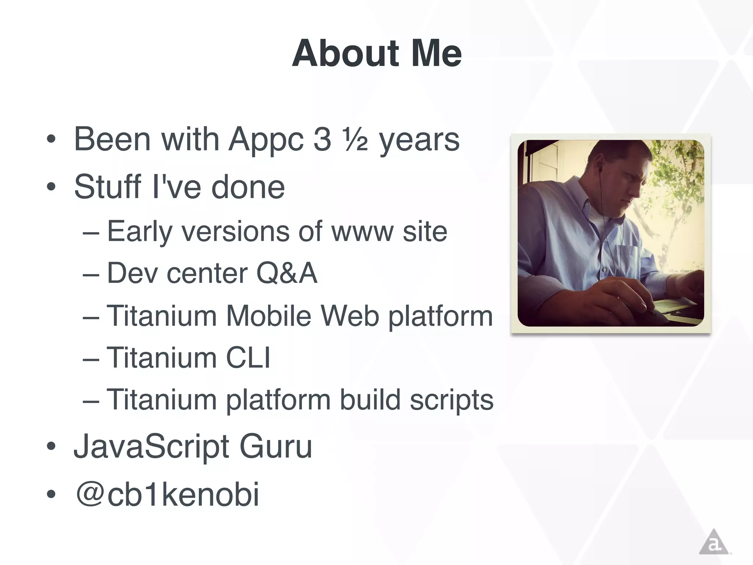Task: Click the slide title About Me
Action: click(x=376, y=54)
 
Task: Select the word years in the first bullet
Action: click(x=419, y=141)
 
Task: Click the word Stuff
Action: click(x=107, y=186)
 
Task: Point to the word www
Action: click(x=362, y=232)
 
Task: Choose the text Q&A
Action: click(x=286, y=273)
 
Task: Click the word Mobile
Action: click(x=268, y=316)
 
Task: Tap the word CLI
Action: click(x=248, y=358)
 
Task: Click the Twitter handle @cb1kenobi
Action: click(x=167, y=494)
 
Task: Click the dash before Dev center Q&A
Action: click(x=91, y=274)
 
